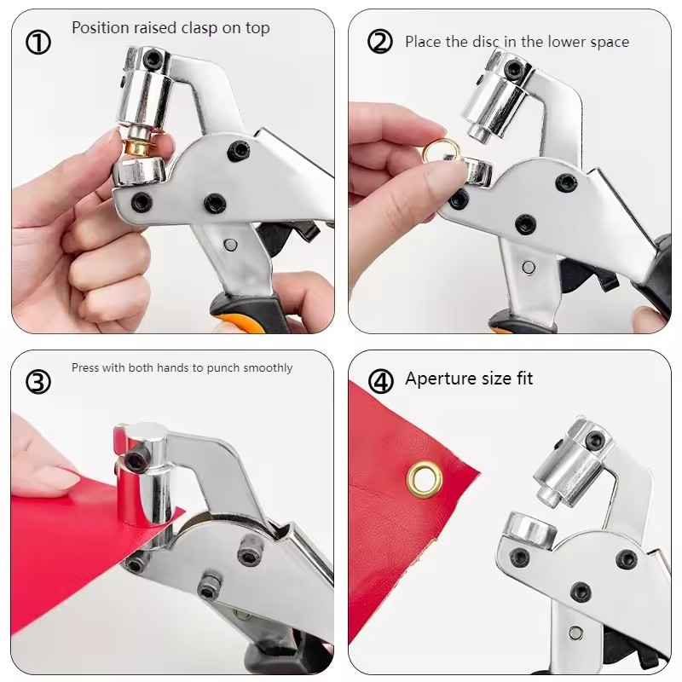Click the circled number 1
click(38, 43)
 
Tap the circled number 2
click(380, 42)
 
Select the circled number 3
click(38, 381)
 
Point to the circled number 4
click(380, 381)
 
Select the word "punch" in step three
click(223, 368)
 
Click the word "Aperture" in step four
click(441, 379)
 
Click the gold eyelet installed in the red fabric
click(424, 480)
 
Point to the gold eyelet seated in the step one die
click(136, 147)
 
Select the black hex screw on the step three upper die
click(137, 458)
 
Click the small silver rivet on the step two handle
click(529, 268)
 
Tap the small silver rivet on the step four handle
click(576, 633)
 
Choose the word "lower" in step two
click(566, 42)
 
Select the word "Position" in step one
click(100, 28)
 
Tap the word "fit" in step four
click(524, 379)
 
